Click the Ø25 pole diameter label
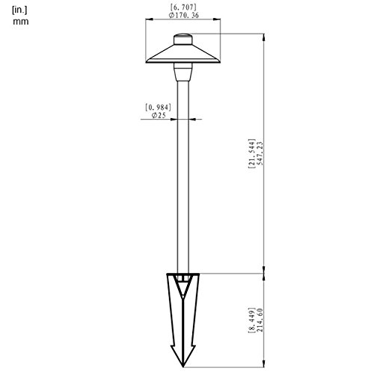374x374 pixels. tap(158, 116)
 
